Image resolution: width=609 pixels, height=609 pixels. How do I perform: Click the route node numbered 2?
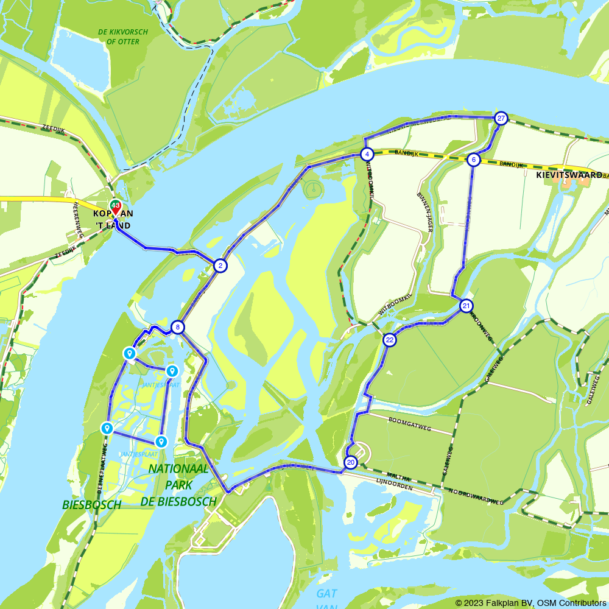[x=220, y=266]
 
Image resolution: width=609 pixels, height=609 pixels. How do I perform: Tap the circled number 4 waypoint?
[x=367, y=154]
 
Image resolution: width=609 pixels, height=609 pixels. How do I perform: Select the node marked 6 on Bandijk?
[x=473, y=160]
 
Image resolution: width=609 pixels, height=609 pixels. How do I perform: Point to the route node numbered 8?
[x=177, y=328]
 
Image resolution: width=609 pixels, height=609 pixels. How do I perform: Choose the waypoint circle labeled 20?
[x=350, y=463]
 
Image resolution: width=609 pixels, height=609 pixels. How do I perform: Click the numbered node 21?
[x=466, y=306]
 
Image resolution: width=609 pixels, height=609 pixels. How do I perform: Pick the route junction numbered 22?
[x=390, y=340]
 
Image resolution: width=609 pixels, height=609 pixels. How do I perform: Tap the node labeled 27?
[x=501, y=118]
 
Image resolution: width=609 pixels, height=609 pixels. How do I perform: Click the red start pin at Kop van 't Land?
[x=115, y=208]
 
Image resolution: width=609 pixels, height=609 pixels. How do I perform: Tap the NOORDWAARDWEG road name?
[x=476, y=496]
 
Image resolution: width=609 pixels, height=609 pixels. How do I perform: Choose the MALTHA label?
[x=398, y=478]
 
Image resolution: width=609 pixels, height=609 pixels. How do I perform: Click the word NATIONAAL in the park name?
[x=178, y=469]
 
